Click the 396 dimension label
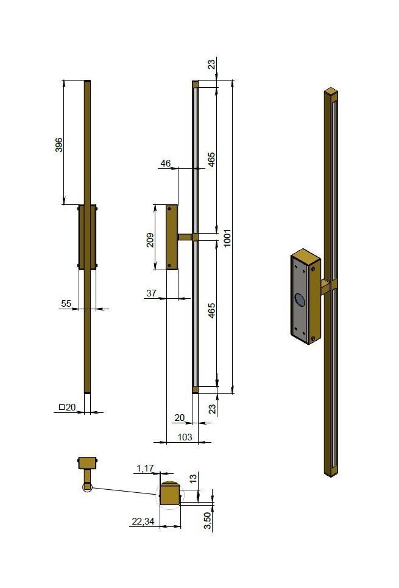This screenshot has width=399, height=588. click(x=59, y=145)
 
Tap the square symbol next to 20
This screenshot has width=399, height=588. click(x=62, y=407)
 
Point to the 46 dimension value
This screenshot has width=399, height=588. click(x=165, y=163)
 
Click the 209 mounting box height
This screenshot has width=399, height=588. click(x=150, y=238)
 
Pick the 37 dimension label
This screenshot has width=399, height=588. click(x=152, y=293)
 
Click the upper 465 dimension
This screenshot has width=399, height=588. click(x=211, y=160)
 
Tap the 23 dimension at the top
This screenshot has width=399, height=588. click(x=211, y=64)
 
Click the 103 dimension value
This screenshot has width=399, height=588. click(x=185, y=437)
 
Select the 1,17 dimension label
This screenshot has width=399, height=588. click(x=145, y=468)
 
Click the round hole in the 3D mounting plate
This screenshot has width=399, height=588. click(x=300, y=299)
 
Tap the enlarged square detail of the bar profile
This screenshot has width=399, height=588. click(x=171, y=493)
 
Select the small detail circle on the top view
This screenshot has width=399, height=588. click(x=87, y=487)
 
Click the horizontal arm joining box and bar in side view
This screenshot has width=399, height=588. click(x=185, y=237)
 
